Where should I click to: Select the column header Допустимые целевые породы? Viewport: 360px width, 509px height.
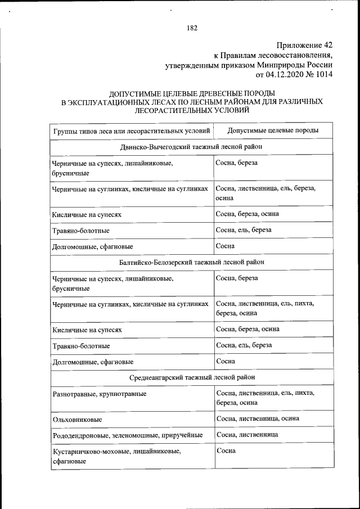pyautogui.click(x=273, y=130)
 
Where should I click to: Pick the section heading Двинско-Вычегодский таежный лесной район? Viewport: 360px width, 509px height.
pyautogui.click(x=191, y=147)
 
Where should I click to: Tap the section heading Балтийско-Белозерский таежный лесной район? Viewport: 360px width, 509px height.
pyautogui.click(x=191, y=262)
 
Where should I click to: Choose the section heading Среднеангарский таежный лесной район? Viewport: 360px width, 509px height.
pyautogui.click(x=191, y=377)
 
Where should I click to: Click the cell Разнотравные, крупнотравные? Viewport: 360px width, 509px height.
pyautogui.click(x=99, y=394)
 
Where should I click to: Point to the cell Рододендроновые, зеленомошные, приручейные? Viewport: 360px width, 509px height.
pyautogui.click(x=127, y=435)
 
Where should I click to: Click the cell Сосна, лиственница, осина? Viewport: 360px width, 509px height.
pyautogui.click(x=257, y=418)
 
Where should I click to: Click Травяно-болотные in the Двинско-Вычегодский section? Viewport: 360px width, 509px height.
pyautogui.click(x=80, y=231)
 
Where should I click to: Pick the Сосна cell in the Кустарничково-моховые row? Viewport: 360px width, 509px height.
pyautogui.click(x=226, y=451)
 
